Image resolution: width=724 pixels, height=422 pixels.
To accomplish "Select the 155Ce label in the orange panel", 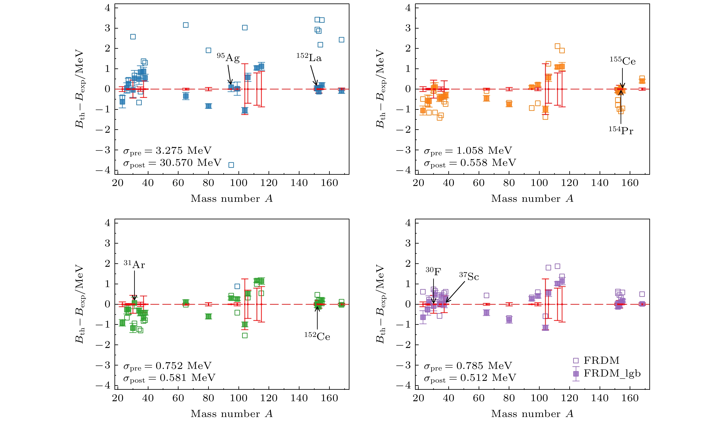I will (623, 61).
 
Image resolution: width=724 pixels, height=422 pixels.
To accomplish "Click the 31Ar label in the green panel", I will (134, 264).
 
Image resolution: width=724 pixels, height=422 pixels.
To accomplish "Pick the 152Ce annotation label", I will (317, 336).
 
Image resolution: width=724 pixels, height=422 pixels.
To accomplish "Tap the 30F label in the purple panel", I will (433, 271).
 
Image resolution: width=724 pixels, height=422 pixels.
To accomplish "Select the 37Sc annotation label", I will (469, 276).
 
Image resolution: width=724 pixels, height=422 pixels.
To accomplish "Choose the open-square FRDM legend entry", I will (601, 361).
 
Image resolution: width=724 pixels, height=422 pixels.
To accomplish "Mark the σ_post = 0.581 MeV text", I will (169, 378).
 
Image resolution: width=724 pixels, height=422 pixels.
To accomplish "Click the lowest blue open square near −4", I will (231, 165).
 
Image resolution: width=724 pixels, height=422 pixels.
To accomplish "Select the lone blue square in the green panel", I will (237, 286).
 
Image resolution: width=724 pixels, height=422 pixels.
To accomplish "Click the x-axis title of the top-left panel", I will (232, 199).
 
